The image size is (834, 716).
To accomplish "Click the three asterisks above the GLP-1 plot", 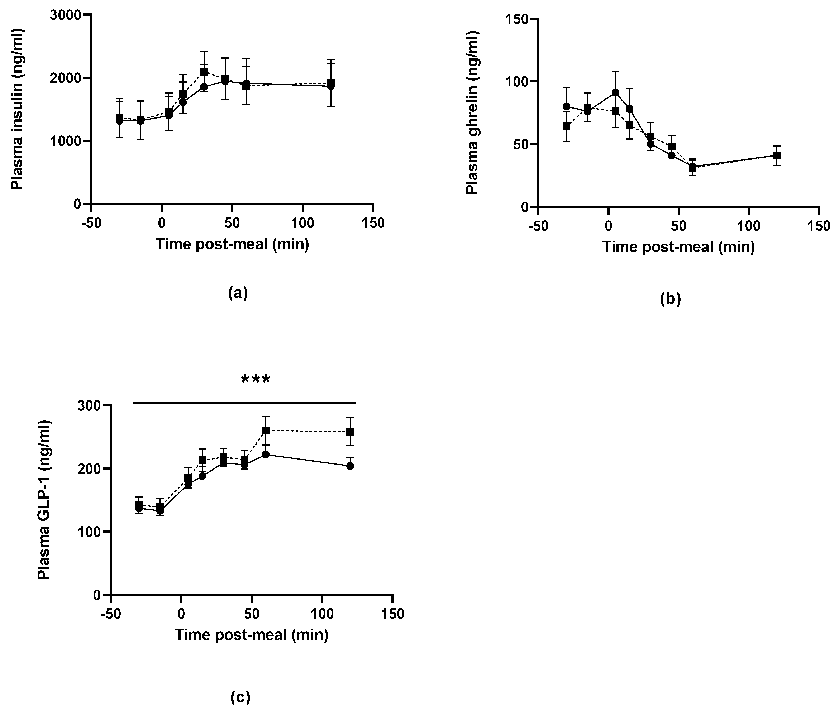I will coord(256,379).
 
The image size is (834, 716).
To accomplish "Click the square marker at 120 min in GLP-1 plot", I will coord(350,431).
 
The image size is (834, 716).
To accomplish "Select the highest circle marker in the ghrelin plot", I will coord(615,93).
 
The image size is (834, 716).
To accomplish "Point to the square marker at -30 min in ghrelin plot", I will coord(566,126).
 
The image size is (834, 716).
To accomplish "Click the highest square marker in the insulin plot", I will coord(204,72).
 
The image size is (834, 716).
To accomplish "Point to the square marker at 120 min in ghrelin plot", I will coord(777,155).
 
